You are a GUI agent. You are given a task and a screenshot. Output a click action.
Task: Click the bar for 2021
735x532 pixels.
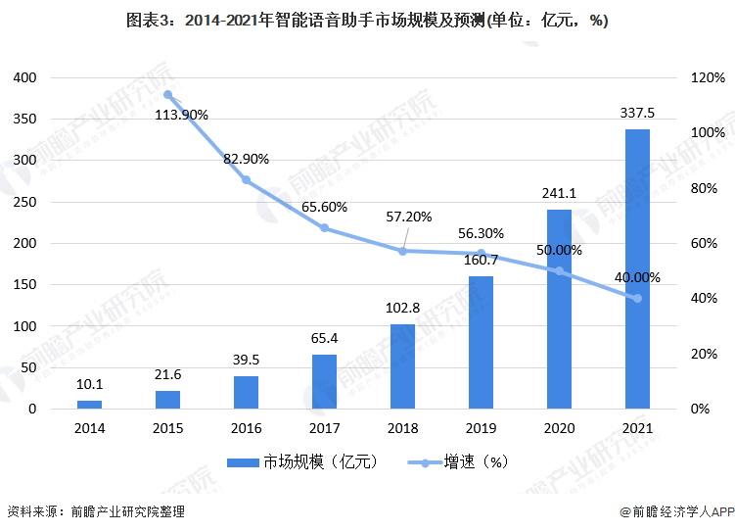637,268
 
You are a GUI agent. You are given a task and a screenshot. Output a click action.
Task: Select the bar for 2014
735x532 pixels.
90,404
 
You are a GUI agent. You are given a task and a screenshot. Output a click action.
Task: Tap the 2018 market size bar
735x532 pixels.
402,365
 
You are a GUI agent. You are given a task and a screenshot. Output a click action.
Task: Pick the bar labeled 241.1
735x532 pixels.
559,309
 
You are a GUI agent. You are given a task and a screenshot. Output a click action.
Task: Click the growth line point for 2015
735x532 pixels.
168,95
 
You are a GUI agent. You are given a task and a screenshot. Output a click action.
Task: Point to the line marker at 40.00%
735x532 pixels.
637,298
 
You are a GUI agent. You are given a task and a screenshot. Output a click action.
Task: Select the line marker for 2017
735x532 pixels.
325,228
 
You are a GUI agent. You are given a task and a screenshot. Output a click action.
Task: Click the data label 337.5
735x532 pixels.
637,113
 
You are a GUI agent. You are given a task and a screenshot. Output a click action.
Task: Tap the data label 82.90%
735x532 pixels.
246,158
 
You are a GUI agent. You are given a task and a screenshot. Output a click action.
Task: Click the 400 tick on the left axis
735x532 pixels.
25,77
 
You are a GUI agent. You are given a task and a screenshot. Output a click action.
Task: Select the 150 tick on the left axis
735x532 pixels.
25,285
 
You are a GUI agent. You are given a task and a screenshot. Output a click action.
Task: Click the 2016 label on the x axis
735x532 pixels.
246,428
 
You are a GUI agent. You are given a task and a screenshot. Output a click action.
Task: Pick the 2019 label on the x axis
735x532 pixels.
481,428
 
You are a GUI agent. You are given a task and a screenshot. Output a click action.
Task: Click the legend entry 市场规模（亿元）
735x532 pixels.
302,460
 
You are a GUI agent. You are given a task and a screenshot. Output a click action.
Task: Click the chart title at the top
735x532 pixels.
367,21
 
